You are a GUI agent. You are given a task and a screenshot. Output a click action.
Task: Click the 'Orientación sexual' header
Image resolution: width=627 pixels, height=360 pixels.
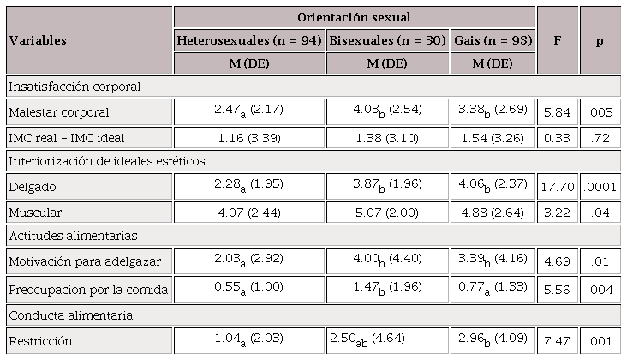point(355,17)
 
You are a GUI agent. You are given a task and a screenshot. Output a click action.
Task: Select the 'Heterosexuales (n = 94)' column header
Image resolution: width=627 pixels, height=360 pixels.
point(249,40)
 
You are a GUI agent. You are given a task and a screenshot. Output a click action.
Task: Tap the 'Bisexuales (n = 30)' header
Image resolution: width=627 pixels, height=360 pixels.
point(387,40)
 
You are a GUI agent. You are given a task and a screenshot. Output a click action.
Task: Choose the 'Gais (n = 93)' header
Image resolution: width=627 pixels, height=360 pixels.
point(493,40)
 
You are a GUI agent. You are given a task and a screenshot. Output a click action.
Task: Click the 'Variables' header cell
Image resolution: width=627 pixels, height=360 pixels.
point(38,40)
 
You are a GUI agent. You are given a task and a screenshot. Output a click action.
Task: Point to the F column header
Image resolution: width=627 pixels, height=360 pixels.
point(558,40)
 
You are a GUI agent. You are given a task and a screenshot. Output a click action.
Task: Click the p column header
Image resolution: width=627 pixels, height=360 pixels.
point(600,40)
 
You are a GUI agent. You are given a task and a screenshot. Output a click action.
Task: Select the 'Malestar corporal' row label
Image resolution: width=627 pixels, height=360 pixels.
point(58,112)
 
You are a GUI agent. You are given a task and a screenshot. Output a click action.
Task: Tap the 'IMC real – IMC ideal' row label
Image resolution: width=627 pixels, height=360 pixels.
point(66,136)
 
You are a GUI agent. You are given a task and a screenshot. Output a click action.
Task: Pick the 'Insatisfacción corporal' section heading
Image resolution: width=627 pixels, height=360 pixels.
point(75,87)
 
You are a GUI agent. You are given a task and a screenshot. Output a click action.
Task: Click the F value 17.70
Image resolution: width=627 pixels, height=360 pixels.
point(558,185)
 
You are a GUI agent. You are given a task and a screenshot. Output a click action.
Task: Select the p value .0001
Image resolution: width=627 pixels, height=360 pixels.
point(600,185)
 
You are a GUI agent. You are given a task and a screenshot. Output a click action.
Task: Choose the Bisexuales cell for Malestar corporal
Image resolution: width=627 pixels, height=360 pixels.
point(387,111)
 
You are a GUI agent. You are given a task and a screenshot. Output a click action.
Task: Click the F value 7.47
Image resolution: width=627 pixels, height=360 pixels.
point(558,340)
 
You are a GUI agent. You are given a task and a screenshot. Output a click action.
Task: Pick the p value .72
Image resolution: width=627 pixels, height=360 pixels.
point(600,136)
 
